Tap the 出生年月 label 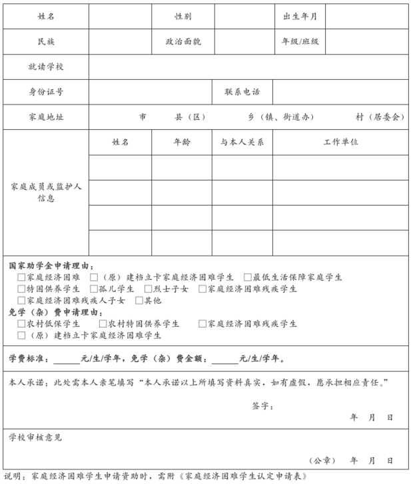(x=300, y=16)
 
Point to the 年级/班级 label (x=300, y=41)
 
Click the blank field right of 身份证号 (x=151, y=91)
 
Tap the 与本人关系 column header (x=242, y=142)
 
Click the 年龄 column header (x=182, y=142)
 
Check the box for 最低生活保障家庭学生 (x=248, y=277)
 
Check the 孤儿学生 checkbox (x=94, y=289)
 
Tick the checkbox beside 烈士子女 (x=149, y=289)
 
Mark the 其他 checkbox (x=139, y=301)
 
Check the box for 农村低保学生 (x=22, y=324)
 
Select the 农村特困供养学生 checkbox (x=103, y=324)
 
